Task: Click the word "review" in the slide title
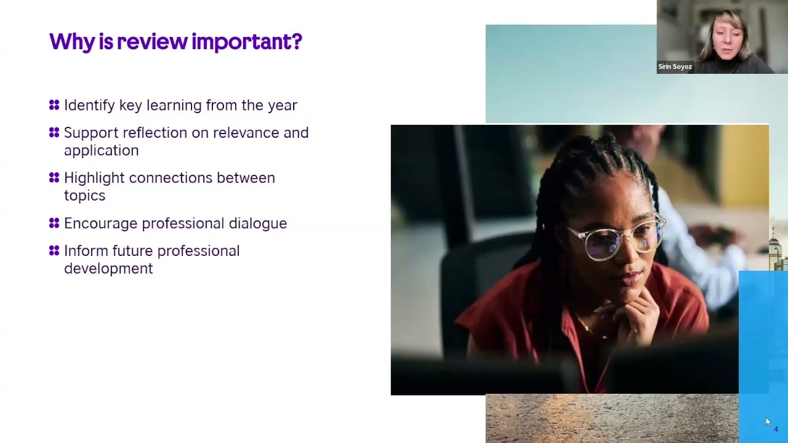pos(151,42)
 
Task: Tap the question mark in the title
pos(297,42)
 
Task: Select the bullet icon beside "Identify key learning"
pos(54,105)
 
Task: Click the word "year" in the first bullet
pos(283,106)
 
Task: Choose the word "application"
pos(101,151)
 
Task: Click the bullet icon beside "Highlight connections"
pos(54,178)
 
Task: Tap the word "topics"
pos(84,196)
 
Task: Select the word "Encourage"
pos(100,223)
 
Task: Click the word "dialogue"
pos(257,223)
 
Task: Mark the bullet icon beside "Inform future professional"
pos(54,251)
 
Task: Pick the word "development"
pos(108,269)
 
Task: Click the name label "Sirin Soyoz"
pos(675,66)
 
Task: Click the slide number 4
pos(776,429)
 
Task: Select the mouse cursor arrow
pos(768,421)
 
